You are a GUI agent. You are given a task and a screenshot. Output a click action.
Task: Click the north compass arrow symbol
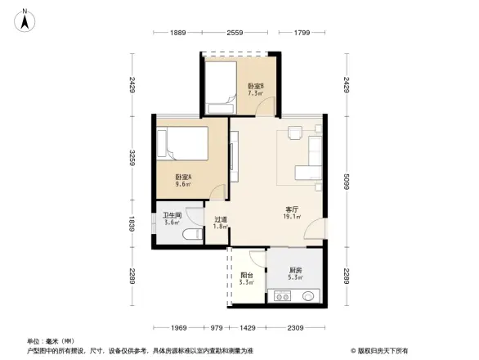[x=25, y=19]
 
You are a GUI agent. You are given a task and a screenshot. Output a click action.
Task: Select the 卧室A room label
[x=182, y=180]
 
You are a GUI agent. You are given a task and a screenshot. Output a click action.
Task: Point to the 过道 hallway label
[x=220, y=223]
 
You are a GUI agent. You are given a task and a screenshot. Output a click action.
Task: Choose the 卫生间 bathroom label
[x=171, y=219]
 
